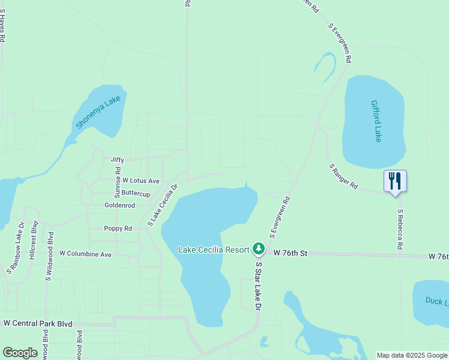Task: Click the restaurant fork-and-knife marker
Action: (395, 181)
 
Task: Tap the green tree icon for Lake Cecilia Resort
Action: (258, 248)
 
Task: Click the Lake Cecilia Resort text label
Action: (214, 250)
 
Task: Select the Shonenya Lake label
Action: (98, 112)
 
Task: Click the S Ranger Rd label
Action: (343, 176)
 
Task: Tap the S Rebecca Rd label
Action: (399, 229)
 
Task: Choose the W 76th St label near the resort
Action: (290, 254)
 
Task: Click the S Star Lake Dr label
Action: (259, 285)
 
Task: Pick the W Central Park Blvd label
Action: (38, 324)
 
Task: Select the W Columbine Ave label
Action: (85, 254)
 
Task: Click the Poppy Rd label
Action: (118, 229)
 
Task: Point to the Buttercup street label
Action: (136, 194)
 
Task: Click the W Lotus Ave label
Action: (141, 181)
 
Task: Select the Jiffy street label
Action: (117, 160)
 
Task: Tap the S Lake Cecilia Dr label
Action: (163, 205)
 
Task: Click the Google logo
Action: (20, 353)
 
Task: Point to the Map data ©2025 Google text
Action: (412, 355)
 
